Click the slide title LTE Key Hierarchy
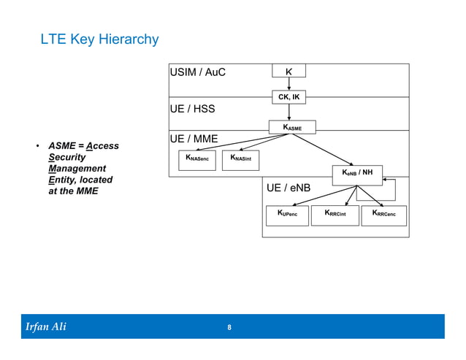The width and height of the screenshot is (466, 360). click(x=99, y=39)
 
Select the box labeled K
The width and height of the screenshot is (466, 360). click(x=289, y=72)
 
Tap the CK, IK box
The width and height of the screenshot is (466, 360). click(x=289, y=96)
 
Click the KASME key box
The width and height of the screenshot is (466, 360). click(x=292, y=127)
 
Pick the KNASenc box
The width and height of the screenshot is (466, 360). click(x=197, y=159)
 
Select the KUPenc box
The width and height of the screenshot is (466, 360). click(x=287, y=215)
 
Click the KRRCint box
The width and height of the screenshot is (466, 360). click(x=335, y=215)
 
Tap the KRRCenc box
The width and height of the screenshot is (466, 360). click(x=383, y=215)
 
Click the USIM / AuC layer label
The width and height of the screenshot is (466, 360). click(x=198, y=72)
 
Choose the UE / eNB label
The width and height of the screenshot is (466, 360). click(x=289, y=188)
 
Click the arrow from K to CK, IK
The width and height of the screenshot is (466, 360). click(x=289, y=84)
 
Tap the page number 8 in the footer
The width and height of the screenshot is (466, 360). click(x=229, y=327)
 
